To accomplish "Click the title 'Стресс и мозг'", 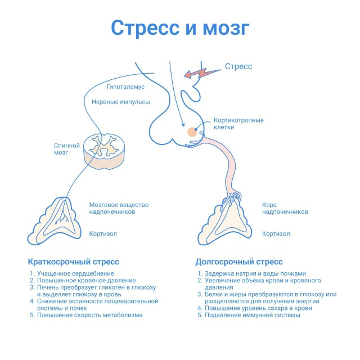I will (179, 28).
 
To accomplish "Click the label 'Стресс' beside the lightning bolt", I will (238, 66).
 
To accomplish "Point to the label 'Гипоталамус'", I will (125, 87).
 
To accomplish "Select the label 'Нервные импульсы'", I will (120, 102).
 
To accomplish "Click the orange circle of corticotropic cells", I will (192, 132).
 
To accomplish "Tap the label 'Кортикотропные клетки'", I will (238, 124).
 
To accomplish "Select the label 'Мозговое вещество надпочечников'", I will (112, 209).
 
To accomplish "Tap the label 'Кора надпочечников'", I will (285, 209).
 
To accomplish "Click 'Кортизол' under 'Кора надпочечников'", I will (276, 234).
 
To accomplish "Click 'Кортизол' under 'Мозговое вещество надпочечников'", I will (103, 234).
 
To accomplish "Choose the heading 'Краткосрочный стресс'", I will (74, 262).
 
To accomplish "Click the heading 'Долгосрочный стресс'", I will (238, 262).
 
